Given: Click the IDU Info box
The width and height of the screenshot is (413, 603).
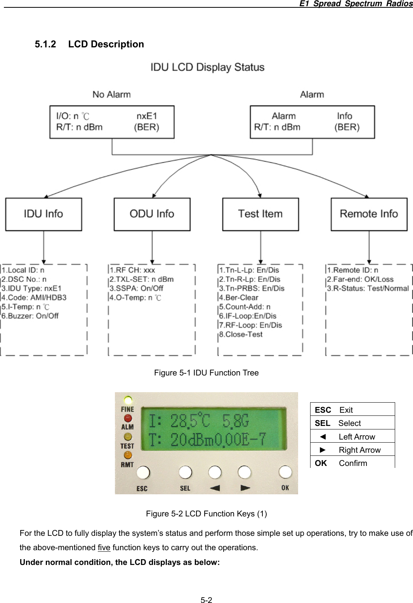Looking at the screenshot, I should [x=43, y=214].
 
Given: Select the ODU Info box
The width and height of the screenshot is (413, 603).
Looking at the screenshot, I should [x=152, y=214].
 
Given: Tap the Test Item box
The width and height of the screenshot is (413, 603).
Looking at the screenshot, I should [x=260, y=214].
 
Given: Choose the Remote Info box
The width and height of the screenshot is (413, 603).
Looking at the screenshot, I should [x=369, y=214].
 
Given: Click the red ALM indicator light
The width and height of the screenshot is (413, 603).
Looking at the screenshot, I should [x=128, y=418].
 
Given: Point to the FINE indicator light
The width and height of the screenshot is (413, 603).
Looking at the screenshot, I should [x=128, y=400].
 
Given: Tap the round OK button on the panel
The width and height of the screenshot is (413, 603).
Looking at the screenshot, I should [x=285, y=472].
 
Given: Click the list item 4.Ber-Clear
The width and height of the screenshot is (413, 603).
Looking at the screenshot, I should [x=239, y=297].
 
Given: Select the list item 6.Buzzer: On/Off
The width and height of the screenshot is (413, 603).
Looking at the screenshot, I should [x=30, y=316].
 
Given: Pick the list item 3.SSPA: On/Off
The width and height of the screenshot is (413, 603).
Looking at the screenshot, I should [x=136, y=288].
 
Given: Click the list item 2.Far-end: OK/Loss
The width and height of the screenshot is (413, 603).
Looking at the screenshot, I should [x=360, y=279].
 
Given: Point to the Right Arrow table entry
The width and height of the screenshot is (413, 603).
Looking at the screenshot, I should [x=359, y=450].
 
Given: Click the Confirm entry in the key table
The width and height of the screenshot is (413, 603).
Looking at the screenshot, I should [x=352, y=463].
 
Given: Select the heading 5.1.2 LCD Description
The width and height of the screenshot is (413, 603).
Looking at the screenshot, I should [x=89, y=44].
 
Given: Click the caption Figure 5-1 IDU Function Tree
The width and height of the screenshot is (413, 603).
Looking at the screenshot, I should [x=206, y=373].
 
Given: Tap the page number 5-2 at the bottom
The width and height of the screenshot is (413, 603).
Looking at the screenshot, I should [x=206, y=600].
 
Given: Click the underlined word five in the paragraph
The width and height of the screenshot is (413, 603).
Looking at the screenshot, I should [x=104, y=547].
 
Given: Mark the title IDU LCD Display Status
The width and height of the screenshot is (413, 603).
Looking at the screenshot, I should [x=207, y=67].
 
